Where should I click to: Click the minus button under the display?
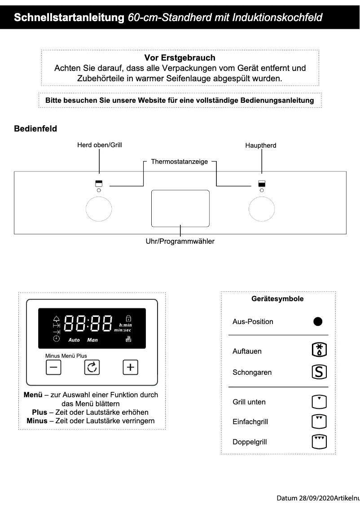pyautogui.click(x=53, y=368)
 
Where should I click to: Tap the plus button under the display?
pyautogui.click(x=131, y=368)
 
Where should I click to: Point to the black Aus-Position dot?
pyautogui.click(x=318, y=322)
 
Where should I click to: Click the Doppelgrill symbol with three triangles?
pyautogui.click(x=319, y=442)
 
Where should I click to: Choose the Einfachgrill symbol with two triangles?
pyautogui.click(x=319, y=421)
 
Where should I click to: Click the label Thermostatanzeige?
pyautogui.click(x=179, y=162)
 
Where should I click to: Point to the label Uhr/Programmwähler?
pyautogui.click(x=180, y=241)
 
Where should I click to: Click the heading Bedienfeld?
pyautogui.click(x=36, y=129)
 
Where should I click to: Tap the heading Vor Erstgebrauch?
pyautogui.click(x=180, y=58)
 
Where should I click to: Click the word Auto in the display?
pyautogui.click(x=74, y=340)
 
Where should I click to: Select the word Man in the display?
pyautogui.click(x=92, y=340)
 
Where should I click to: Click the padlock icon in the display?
pyautogui.click(x=128, y=318)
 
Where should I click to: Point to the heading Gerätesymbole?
pyautogui.click(x=277, y=299)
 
